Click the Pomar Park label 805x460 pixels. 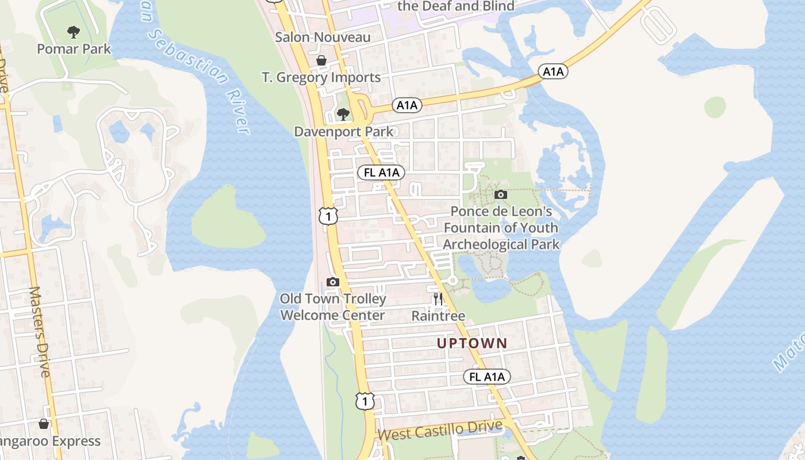74,49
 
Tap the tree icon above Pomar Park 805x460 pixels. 73,32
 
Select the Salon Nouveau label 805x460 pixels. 323,37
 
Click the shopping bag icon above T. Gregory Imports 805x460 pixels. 321,60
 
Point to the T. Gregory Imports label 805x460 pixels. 321,78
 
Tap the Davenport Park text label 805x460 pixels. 344,132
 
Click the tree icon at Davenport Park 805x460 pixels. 343,114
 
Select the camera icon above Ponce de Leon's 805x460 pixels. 501,195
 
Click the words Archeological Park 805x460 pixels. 501,244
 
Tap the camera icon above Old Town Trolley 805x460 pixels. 332,282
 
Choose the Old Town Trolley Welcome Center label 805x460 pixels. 332,307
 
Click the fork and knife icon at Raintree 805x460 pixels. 438,298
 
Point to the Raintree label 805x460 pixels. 438,316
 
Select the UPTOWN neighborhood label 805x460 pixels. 472,344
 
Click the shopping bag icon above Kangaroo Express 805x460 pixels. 44,424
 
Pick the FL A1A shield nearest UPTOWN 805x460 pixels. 487,377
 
